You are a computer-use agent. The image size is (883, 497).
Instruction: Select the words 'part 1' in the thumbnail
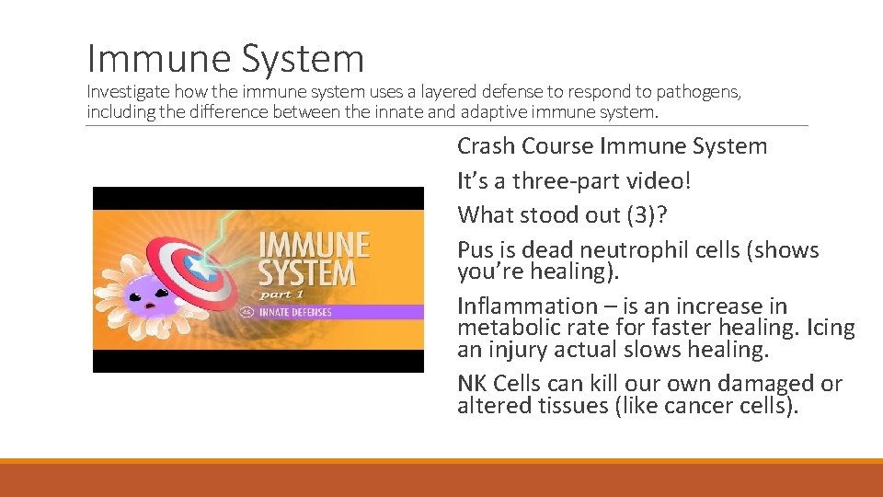281,294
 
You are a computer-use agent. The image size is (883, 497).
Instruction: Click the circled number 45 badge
247,312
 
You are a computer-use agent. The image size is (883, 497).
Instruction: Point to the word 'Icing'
830,328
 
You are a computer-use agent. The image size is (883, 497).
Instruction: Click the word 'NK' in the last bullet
473,384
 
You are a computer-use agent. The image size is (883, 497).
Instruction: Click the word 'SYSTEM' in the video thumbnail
307,273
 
